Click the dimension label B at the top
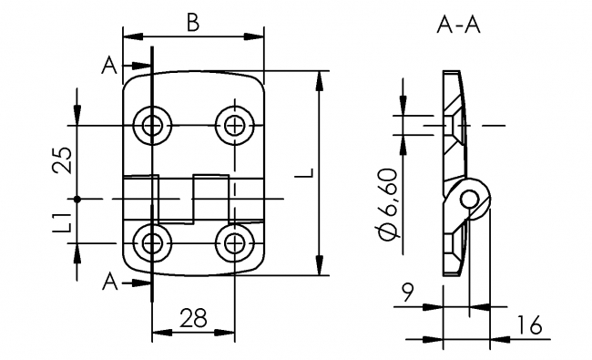pyautogui.click(x=193, y=23)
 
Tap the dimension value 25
pyautogui.click(x=62, y=159)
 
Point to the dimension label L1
pyautogui.click(x=62, y=221)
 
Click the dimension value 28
pyautogui.click(x=193, y=318)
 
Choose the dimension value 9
pyautogui.click(x=407, y=293)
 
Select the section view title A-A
pyautogui.click(x=458, y=26)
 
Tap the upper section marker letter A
pyautogui.click(x=109, y=66)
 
